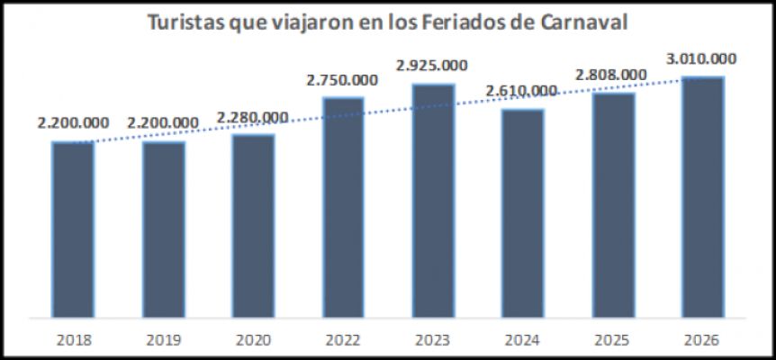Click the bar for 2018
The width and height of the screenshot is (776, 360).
[73, 229]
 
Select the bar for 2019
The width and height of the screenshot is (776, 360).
[163, 229]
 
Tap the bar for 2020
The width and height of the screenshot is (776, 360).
[253, 226]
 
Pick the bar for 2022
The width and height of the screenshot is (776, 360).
[343, 207]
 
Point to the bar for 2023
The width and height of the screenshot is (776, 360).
[433, 201]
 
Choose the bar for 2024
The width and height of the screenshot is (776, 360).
[522, 213]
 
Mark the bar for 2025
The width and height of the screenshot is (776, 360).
[613, 205]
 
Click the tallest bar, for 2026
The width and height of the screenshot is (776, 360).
[703, 197]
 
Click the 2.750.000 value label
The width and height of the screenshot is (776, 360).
[342, 80]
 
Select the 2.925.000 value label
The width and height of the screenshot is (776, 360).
[432, 67]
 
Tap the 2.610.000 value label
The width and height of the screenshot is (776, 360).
[522, 91]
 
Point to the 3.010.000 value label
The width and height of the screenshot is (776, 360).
[702, 59]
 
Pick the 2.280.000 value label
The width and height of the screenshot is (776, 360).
[253, 117]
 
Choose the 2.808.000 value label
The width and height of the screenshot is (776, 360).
[612, 75]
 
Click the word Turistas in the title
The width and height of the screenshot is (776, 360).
[188, 22]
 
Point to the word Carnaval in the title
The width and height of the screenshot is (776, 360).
[582, 22]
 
